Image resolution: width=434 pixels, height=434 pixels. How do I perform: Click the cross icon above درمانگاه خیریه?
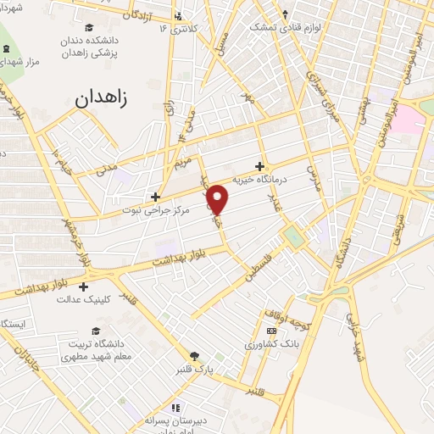click(259, 166)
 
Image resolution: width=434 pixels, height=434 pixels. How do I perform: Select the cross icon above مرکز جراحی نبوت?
click(154, 196)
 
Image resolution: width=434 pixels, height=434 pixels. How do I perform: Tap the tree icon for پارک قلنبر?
click(195, 356)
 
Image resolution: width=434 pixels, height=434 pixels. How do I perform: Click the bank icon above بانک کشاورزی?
click(271, 331)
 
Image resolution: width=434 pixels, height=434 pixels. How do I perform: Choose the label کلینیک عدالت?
click(83, 299)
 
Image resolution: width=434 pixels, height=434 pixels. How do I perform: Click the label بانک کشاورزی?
click(269, 344)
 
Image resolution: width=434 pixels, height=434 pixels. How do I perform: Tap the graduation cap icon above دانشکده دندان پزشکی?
click(97, 26)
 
